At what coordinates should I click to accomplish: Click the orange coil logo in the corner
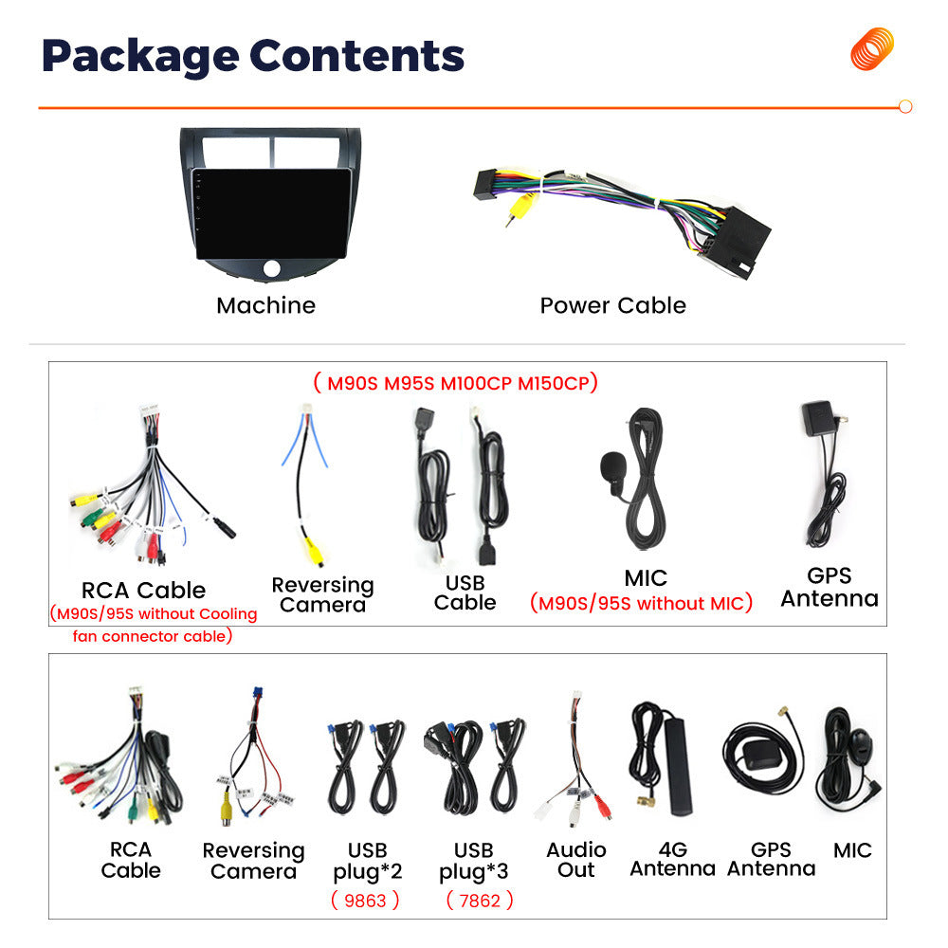pos(872,48)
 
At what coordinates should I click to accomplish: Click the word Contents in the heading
pos(356,56)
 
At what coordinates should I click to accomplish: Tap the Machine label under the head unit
pos(266,305)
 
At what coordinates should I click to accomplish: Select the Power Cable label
pos(613,305)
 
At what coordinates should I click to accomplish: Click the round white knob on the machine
pos(271,268)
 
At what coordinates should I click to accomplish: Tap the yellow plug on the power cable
pos(520,206)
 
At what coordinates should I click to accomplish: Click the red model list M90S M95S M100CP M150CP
pos(456,383)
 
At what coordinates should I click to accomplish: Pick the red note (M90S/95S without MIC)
pos(642,603)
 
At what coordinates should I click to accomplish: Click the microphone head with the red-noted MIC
pos(611,466)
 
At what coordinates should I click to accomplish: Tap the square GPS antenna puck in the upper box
pos(818,418)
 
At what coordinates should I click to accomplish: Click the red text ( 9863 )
pos(365,901)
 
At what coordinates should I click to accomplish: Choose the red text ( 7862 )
pos(480,901)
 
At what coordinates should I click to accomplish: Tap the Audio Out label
pos(576,860)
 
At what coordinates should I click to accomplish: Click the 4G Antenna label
pos(673,859)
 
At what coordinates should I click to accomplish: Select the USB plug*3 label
pos(473,861)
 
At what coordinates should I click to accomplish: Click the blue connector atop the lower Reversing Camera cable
pos(258,694)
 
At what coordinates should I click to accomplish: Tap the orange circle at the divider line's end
pos(905,106)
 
